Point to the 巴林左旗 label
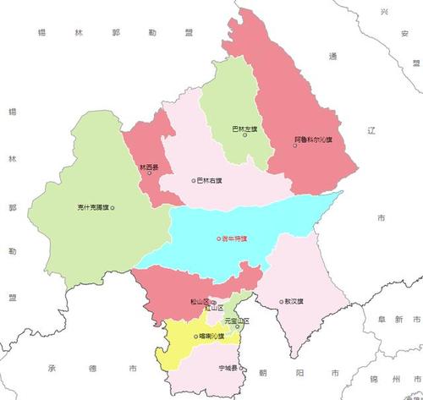244,129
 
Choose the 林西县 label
149,167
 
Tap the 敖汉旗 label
296,301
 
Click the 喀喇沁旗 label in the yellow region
211,337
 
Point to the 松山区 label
200,301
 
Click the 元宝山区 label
238,321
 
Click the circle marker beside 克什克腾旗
113,207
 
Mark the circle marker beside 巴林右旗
193,180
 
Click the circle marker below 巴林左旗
244,136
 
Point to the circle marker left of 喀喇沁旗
196,337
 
